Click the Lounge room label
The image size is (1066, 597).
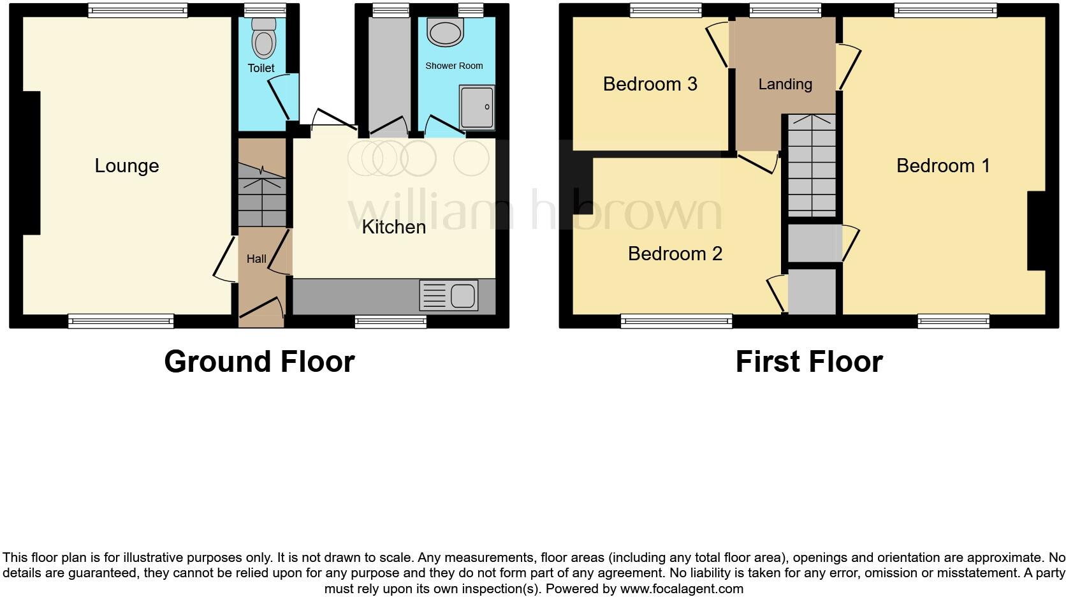[x=126, y=166]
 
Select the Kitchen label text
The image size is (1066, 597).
[x=393, y=227]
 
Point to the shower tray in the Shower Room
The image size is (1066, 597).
[x=477, y=107]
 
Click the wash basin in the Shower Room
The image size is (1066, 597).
[x=445, y=31]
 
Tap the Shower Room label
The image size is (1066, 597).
[x=454, y=66]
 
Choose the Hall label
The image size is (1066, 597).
[x=256, y=259]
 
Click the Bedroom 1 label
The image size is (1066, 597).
[x=943, y=166]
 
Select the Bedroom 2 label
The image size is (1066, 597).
[x=675, y=254]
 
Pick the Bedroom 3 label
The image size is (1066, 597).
[x=650, y=84]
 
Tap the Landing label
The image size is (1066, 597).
[x=785, y=84]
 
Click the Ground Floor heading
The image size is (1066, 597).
[x=259, y=362]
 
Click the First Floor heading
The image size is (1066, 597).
[x=808, y=362]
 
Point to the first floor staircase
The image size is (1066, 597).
[x=811, y=165]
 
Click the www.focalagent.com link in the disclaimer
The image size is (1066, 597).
[x=682, y=589]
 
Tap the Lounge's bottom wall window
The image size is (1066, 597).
[x=120, y=321]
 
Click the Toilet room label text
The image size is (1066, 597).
[x=261, y=68]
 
